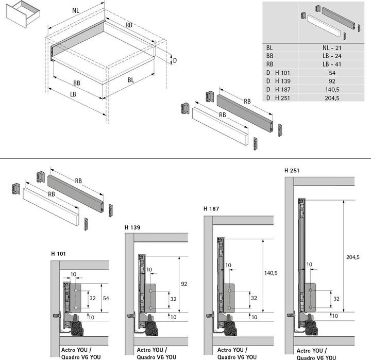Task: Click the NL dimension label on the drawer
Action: (x=76, y=10)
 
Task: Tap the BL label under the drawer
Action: (x=131, y=80)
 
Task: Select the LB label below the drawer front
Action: (x=73, y=94)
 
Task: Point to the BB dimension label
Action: (x=76, y=83)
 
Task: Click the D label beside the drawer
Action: (x=175, y=60)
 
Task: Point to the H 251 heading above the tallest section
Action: (x=292, y=170)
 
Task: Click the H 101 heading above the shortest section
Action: (x=59, y=254)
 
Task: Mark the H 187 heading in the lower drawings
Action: (x=211, y=209)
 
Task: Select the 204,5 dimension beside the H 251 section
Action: (x=353, y=257)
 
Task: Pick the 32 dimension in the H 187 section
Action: (x=254, y=298)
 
